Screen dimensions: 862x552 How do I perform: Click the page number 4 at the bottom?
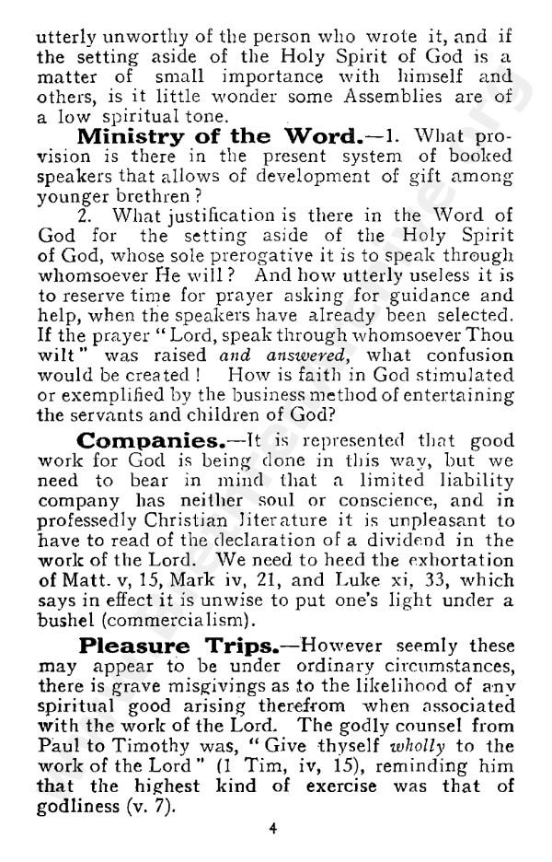point(273,827)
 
